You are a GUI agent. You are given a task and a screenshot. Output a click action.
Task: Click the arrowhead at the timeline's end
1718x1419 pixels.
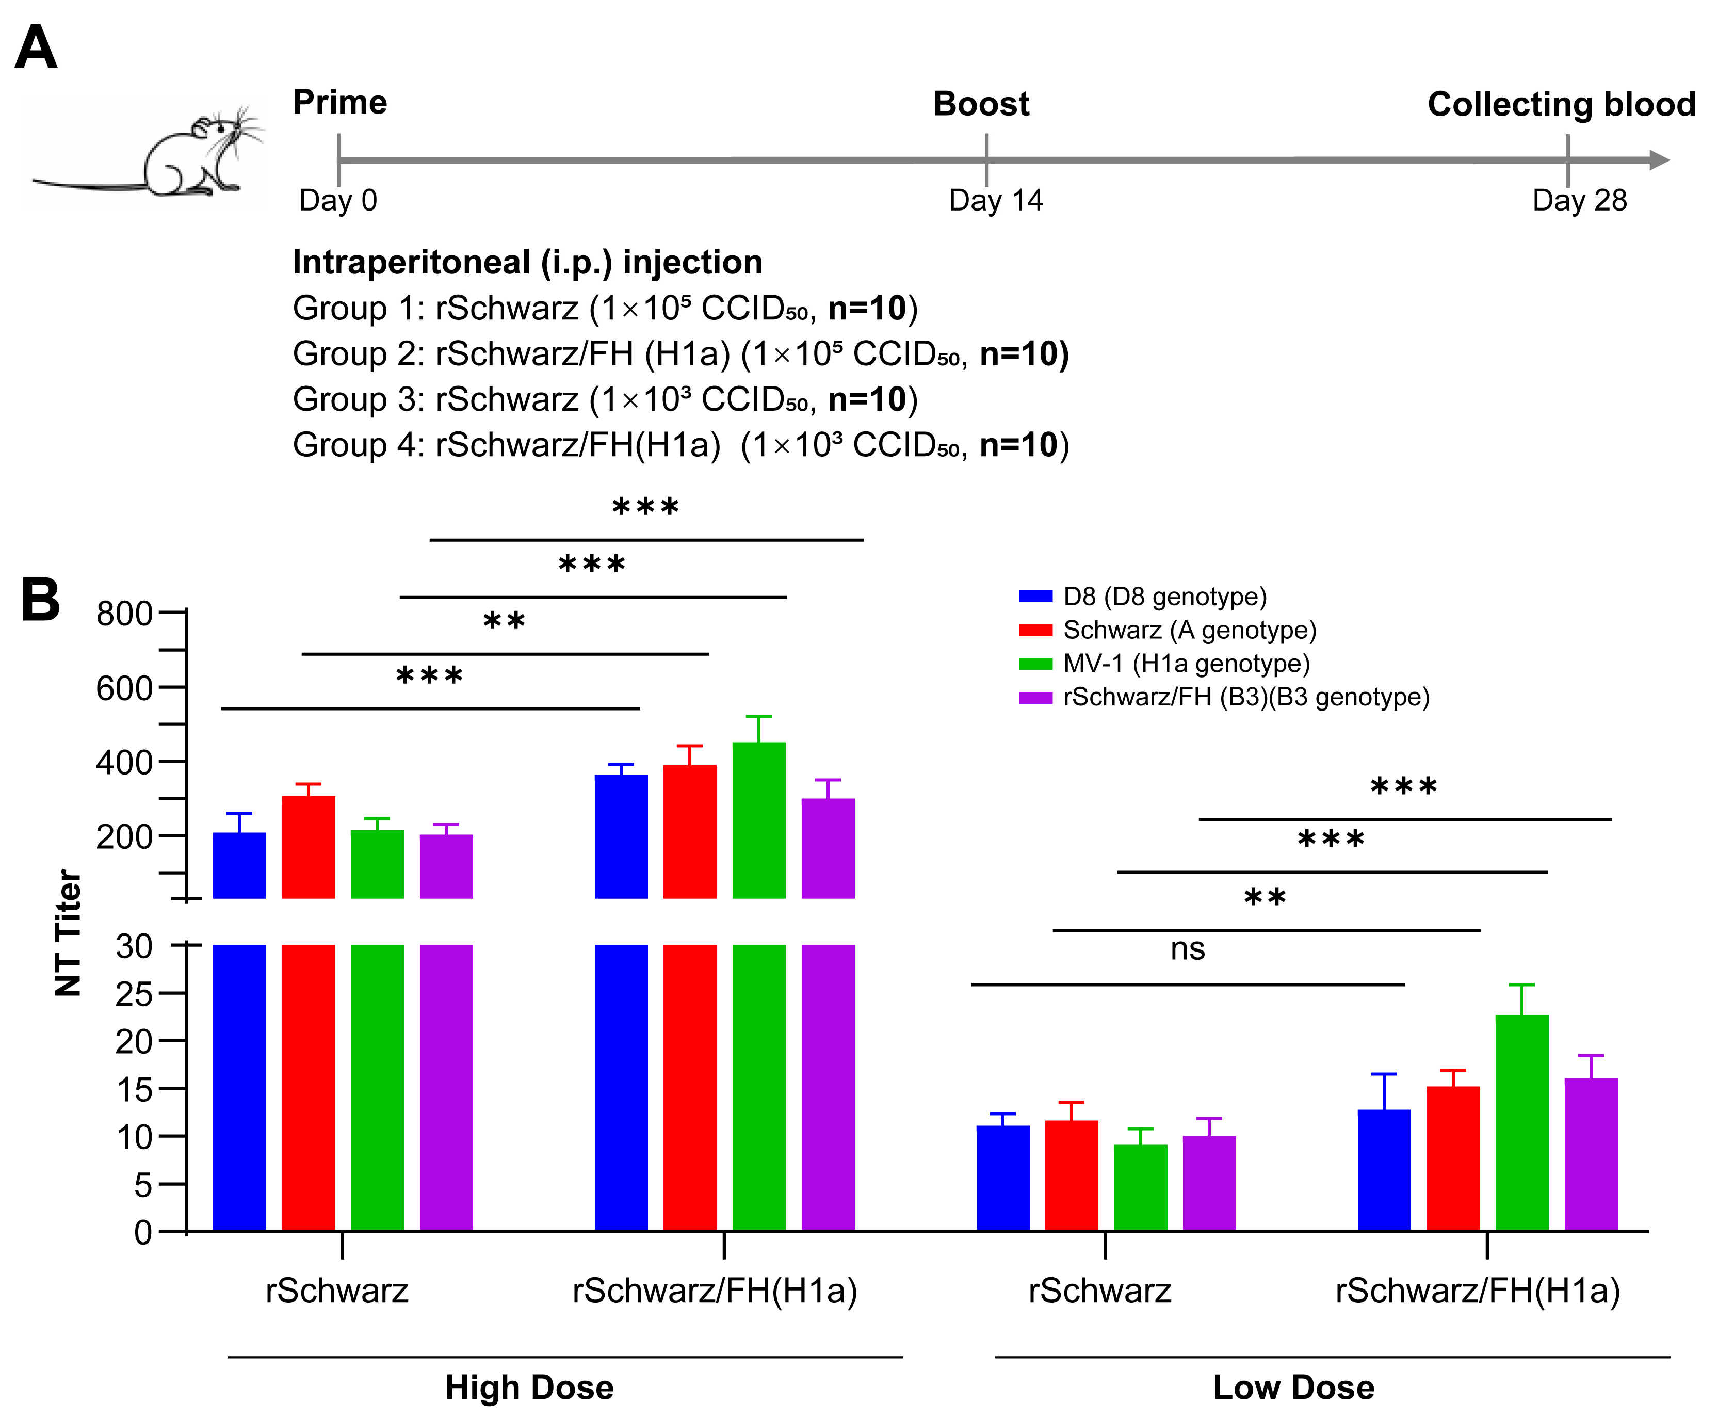(x=1659, y=160)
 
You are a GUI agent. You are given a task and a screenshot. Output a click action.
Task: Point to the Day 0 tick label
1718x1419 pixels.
(x=337, y=200)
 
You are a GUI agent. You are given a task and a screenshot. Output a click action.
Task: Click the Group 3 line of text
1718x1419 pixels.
(x=605, y=400)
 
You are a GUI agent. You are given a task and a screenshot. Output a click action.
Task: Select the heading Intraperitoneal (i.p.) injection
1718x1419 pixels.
(x=527, y=262)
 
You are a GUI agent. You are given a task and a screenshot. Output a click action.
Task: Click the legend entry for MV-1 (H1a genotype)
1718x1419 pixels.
(x=1185, y=663)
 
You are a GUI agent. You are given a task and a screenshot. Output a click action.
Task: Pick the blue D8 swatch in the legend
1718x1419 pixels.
(x=1035, y=596)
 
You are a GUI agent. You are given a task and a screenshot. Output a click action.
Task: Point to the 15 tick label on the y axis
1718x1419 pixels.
(x=133, y=1090)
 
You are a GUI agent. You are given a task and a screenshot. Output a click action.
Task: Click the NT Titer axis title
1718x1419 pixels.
(x=69, y=932)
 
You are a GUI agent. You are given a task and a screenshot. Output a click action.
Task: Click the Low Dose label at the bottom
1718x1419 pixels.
(x=1293, y=1387)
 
